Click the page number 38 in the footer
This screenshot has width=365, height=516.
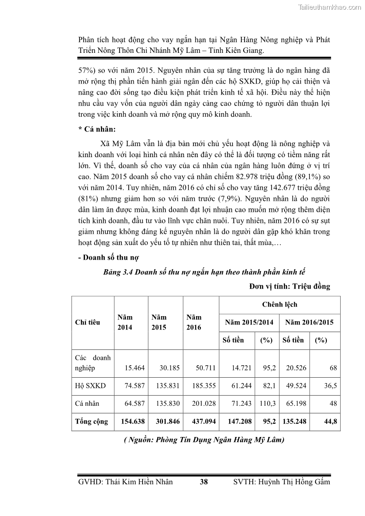[204, 482]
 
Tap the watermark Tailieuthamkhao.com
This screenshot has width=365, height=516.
[330, 7]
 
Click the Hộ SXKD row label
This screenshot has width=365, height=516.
[90, 386]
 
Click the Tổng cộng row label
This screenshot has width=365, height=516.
[91, 421]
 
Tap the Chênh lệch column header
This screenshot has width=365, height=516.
[279, 304]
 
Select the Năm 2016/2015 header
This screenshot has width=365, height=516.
[309, 322]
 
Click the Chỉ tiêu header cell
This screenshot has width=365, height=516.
[87, 322]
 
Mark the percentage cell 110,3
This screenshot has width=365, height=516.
[268, 403]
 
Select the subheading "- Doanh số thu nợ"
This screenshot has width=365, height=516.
[108, 257]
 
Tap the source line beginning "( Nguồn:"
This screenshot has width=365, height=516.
[204, 440]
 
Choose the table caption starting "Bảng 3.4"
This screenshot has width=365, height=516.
[204, 272]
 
